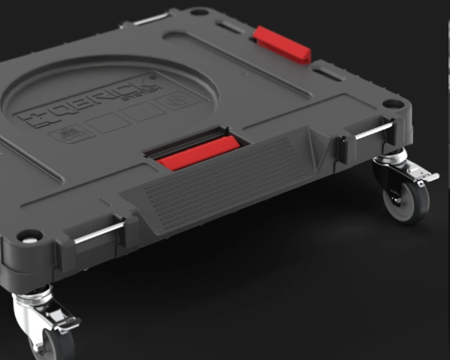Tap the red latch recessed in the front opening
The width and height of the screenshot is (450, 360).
click(196, 153)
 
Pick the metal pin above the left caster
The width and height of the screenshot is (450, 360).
click(97, 233)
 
